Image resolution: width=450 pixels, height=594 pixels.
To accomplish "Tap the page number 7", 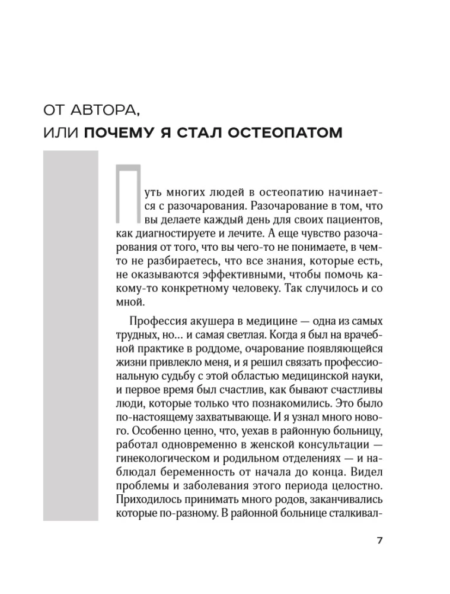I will tap(380, 541).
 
